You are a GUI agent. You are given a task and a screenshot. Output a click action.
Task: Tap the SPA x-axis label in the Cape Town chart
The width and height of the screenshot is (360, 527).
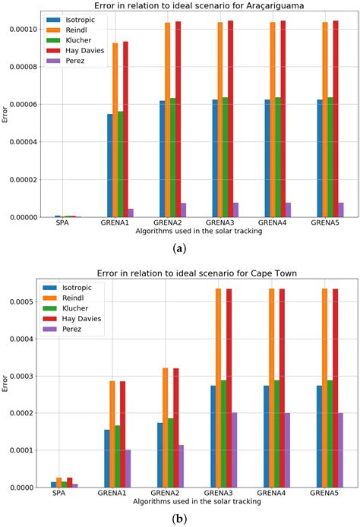65,494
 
